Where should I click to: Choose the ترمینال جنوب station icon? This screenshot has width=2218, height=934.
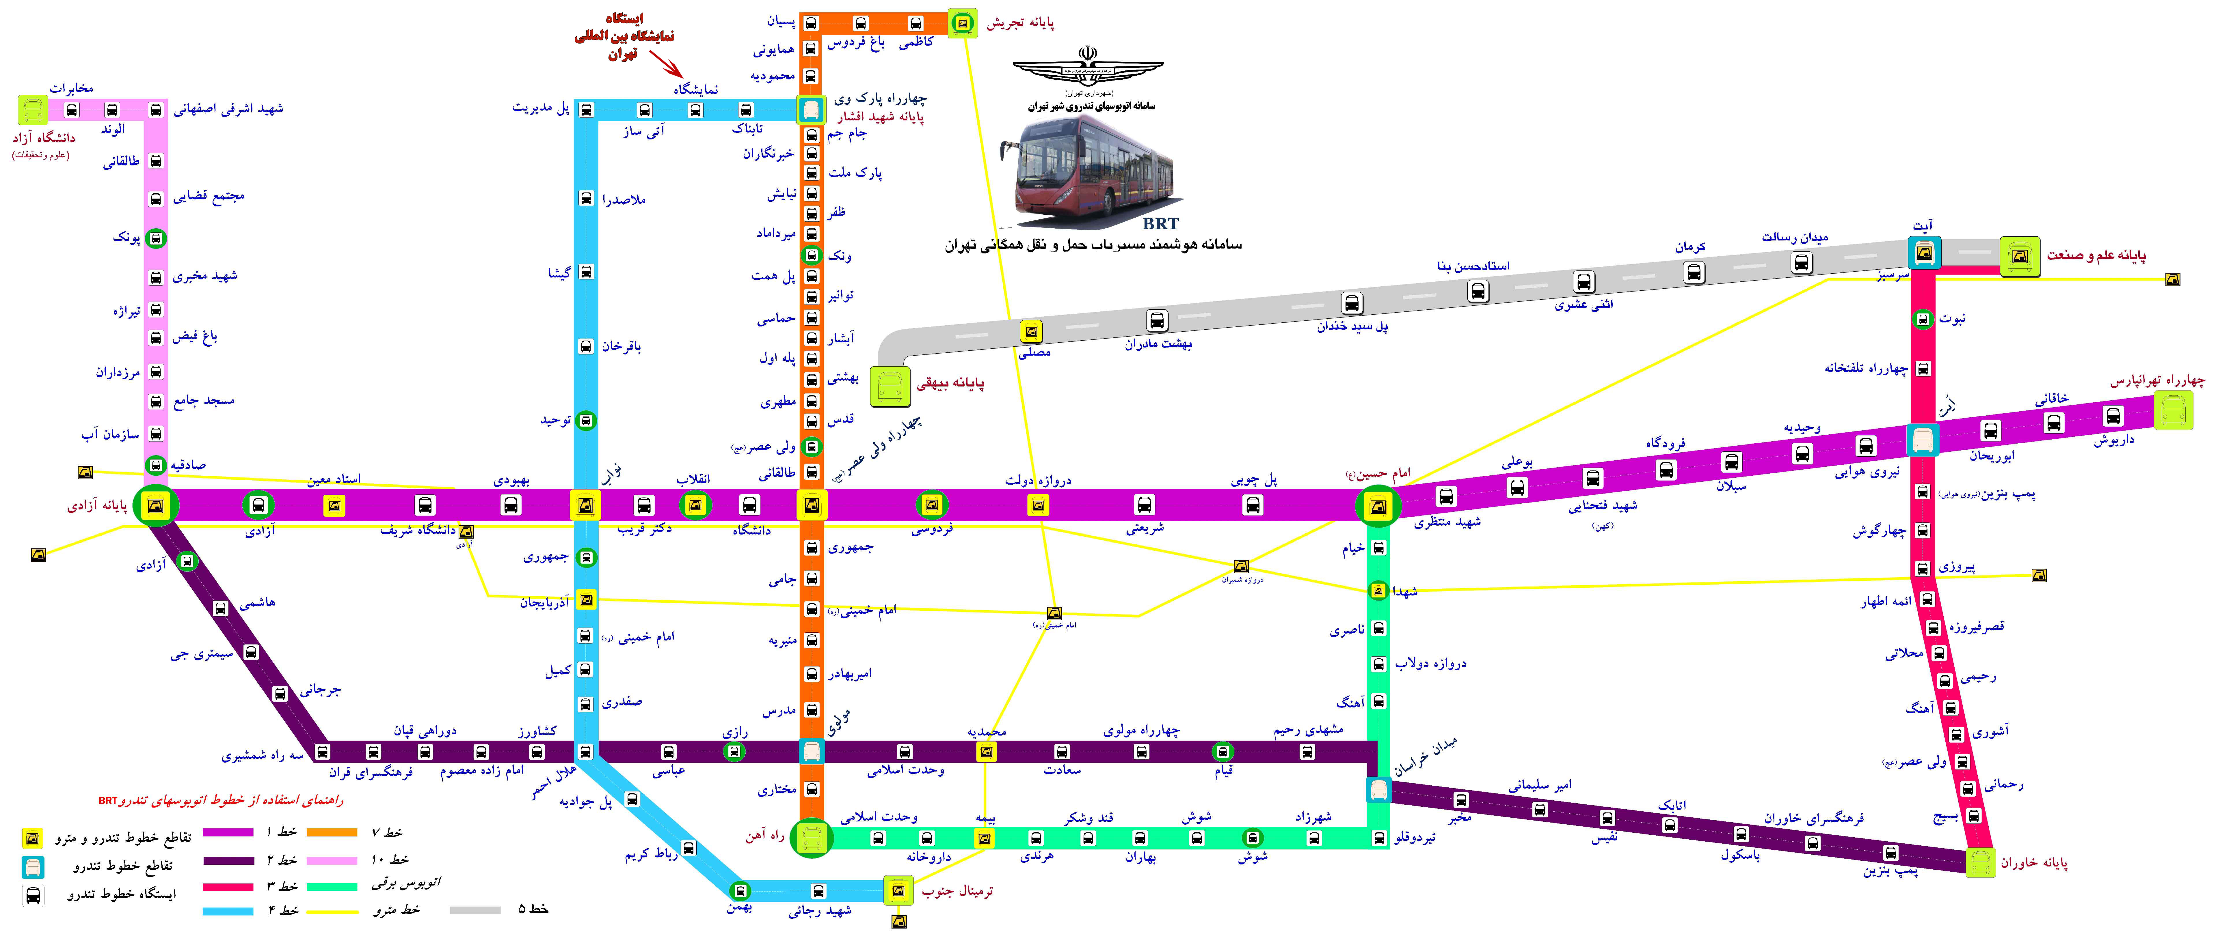click(x=898, y=890)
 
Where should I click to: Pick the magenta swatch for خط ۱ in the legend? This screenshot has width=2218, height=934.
click(x=228, y=832)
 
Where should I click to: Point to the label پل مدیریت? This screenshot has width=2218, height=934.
click(x=541, y=109)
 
